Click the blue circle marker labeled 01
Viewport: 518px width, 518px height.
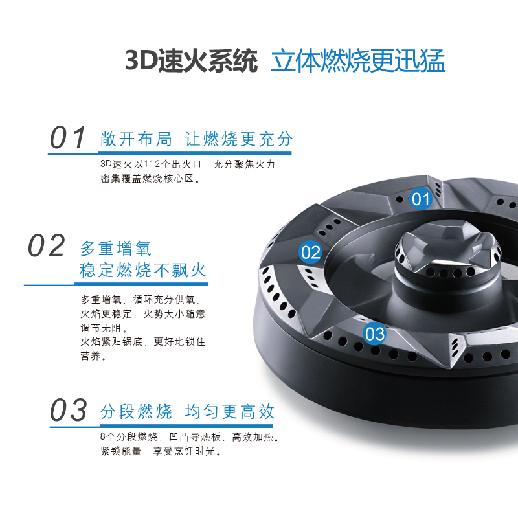[x=421, y=198]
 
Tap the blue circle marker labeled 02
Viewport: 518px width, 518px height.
[x=311, y=252]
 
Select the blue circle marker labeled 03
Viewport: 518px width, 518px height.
[x=375, y=334]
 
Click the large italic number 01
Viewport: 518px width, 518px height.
[x=69, y=138]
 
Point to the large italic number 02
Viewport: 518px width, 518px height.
[x=47, y=247]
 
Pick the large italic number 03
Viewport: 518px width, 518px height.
[x=69, y=411]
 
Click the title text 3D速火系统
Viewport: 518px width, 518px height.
[x=191, y=61]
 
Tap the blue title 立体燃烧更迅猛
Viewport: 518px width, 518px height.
[x=357, y=61]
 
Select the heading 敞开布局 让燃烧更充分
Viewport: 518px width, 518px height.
[x=197, y=139]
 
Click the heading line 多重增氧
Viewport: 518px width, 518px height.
[x=116, y=248]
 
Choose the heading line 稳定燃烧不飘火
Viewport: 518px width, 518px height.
[x=143, y=270]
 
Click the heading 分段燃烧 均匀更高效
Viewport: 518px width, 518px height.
[x=188, y=411]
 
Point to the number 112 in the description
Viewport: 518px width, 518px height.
[x=149, y=165]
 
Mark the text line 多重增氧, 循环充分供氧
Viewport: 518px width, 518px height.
[x=141, y=300]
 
